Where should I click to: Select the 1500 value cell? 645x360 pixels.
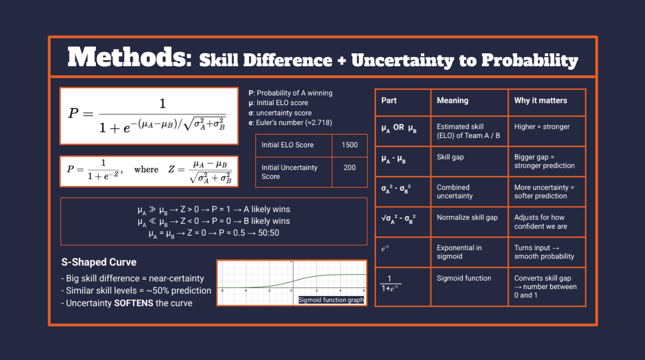click(349, 145)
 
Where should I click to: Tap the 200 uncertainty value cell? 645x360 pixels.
click(349, 172)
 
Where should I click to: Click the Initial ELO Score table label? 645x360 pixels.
click(287, 145)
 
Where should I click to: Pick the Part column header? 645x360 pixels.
click(389, 101)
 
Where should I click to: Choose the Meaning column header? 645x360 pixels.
click(452, 101)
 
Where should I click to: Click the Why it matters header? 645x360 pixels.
click(540, 101)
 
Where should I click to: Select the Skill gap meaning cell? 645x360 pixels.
click(450, 157)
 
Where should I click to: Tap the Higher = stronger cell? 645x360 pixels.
click(542, 127)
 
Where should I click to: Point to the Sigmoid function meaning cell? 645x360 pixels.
click(463, 278)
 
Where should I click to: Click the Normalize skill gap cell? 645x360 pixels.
click(467, 218)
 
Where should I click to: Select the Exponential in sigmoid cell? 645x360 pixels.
click(459, 252)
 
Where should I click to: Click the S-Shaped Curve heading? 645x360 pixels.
click(99, 262)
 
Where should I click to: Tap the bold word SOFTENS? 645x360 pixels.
click(133, 303)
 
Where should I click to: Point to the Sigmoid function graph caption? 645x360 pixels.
click(331, 300)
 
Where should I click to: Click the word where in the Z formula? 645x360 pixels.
click(146, 170)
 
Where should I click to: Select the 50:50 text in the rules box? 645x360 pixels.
click(268, 233)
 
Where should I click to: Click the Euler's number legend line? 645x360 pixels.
click(290, 123)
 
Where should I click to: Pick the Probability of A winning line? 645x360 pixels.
click(290, 93)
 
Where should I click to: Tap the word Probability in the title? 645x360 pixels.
click(530, 61)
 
